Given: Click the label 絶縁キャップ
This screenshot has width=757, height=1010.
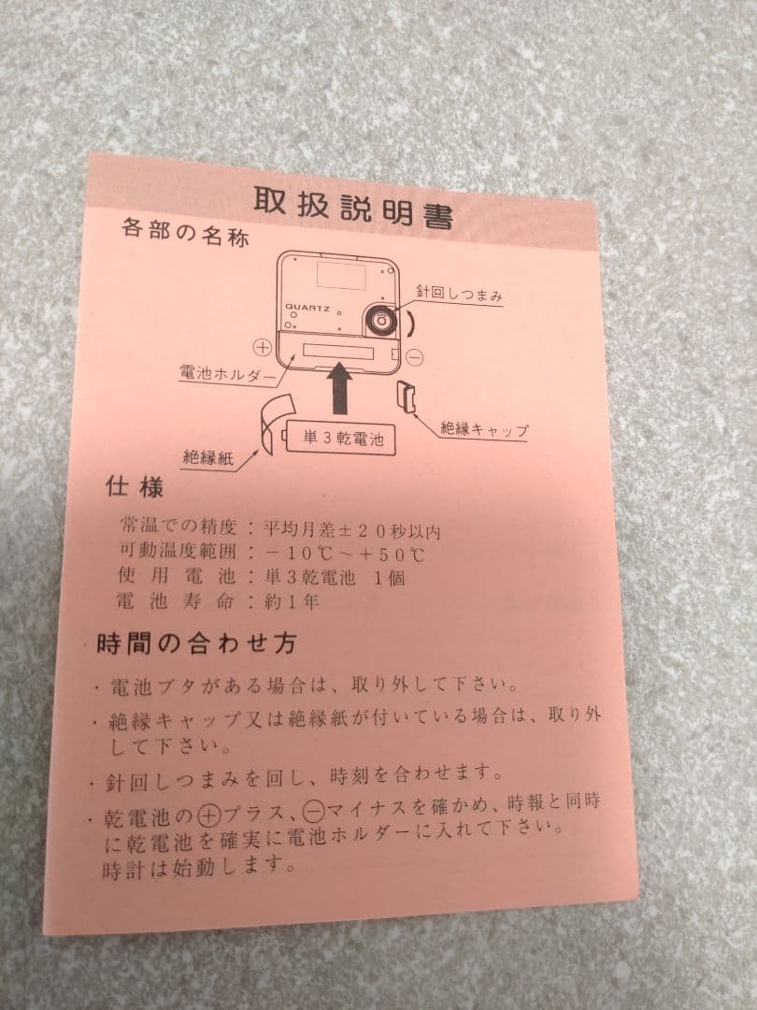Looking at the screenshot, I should click(484, 431).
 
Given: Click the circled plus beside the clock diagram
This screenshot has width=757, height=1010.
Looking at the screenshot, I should click(263, 348).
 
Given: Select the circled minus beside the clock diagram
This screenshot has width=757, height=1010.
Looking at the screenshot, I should click(417, 356).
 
